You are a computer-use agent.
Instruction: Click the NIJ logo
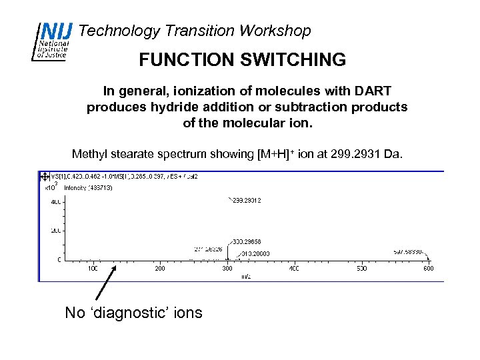50,41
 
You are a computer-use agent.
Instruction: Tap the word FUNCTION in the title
177,60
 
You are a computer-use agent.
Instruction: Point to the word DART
373,91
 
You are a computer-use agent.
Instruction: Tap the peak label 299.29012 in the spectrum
246,199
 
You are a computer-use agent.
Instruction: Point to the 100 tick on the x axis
93,269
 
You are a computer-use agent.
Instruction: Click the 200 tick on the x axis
160,269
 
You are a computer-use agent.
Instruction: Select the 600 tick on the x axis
428,269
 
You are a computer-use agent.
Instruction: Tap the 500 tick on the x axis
361,269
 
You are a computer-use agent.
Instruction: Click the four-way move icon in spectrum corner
45,177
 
